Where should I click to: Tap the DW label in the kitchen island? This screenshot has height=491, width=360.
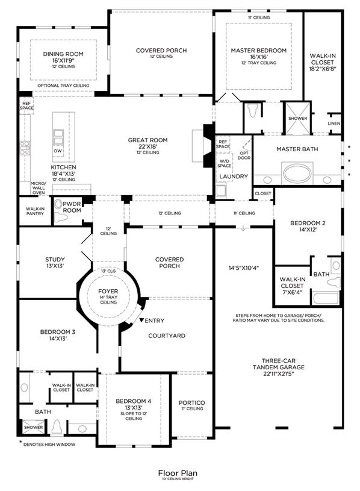click(58, 151)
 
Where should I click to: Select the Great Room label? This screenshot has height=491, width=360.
click(147, 140)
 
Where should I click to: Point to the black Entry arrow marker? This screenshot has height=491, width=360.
click(141, 321)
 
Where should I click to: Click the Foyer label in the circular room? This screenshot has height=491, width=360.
click(108, 291)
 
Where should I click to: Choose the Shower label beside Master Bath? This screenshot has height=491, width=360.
click(298, 118)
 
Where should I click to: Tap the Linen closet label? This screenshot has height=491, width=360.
click(334, 124)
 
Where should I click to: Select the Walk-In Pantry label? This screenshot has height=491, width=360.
click(35, 211)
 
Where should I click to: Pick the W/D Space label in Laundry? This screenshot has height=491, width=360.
click(225, 163)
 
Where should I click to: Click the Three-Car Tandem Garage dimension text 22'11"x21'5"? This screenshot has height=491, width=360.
click(279, 374)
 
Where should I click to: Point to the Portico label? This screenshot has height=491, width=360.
click(191, 402)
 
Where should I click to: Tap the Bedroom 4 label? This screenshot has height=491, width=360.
click(134, 401)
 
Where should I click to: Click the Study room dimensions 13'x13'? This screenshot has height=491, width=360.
click(55, 266)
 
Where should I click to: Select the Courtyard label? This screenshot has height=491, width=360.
click(167, 336)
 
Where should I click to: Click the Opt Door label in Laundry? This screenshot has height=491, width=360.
click(244, 155)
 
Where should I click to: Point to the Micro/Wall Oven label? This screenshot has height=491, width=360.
click(39, 188)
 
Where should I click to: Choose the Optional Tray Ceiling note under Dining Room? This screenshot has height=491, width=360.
click(63, 86)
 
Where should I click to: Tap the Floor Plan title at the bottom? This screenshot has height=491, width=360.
click(178, 473)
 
